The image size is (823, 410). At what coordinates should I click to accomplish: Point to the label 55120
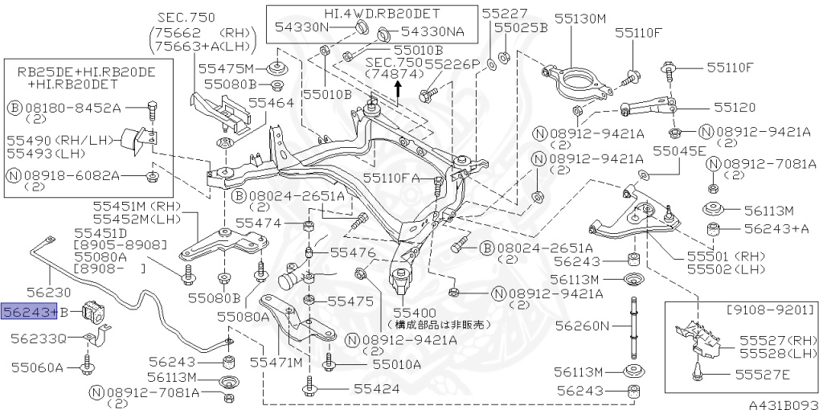pyautogui.click(x=735, y=106)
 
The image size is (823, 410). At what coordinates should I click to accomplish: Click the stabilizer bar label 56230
pyautogui.click(x=48, y=293)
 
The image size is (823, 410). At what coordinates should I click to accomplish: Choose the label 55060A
pyautogui.click(x=36, y=367)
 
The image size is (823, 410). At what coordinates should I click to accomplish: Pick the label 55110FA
pyautogui.click(x=391, y=178)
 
